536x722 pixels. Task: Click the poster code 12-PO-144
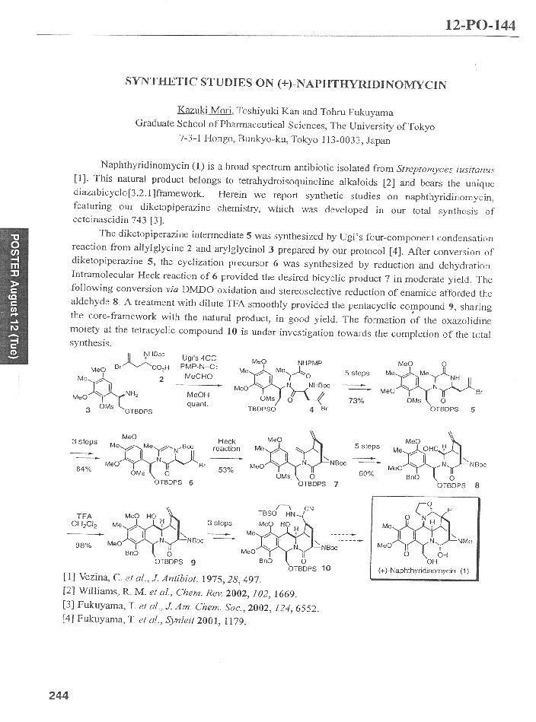(x=480, y=26)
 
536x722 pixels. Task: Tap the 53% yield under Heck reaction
(x=226, y=469)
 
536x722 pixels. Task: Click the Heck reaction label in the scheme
(x=227, y=446)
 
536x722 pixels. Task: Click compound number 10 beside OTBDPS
(x=325, y=568)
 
